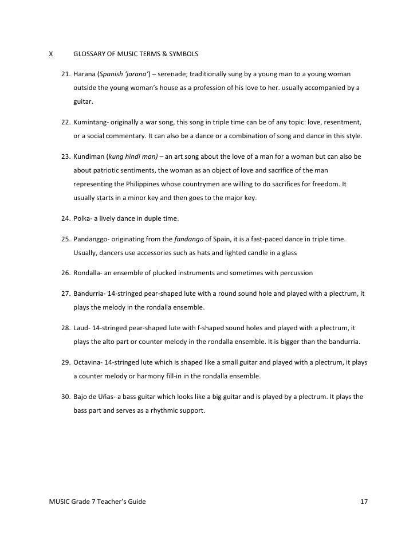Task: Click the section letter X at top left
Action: [x=51, y=54]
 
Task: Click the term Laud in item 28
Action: [x=81, y=327]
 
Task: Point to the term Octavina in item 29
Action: [x=88, y=363]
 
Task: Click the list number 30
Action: [x=65, y=396]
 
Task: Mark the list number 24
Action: [x=65, y=218]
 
